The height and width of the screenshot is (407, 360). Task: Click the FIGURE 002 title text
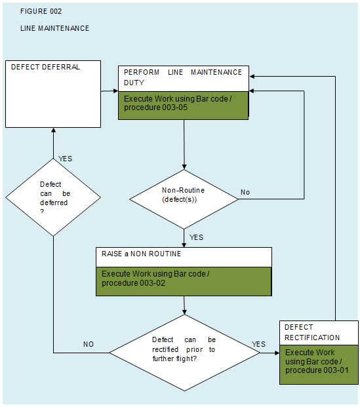click(41, 11)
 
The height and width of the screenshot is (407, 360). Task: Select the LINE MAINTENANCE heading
click(54, 28)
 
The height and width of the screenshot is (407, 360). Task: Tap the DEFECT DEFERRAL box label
click(45, 67)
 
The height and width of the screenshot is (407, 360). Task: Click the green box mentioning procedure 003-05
click(183, 106)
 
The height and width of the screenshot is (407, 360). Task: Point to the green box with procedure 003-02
click(184, 281)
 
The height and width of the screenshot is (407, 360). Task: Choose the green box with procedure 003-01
click(319, 364)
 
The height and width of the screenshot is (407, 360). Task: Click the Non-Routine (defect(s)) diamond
click(184, 199)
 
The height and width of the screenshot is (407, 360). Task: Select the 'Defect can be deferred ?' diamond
click(53, 197)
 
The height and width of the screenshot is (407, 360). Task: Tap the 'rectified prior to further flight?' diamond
click(184, 353)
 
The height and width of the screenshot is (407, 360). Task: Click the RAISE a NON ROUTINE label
click(141, 254)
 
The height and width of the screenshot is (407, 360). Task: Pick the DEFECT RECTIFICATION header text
click(312, 332)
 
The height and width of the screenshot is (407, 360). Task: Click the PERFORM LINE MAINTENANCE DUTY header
click(183, 77)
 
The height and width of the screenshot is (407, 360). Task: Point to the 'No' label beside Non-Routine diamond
click(245, 192)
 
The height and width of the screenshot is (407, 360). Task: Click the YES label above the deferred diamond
click(65, 159)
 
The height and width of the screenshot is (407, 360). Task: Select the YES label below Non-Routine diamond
click(196, 237)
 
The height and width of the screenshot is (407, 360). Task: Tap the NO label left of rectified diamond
click(89, 344)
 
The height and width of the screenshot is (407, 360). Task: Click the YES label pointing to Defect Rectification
click(259, 344)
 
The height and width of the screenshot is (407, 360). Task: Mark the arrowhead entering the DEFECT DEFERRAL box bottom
click(54, 130)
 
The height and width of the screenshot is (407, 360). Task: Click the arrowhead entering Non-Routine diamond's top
click(184, 167)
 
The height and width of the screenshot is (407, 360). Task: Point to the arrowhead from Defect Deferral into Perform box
click(116, 91)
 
